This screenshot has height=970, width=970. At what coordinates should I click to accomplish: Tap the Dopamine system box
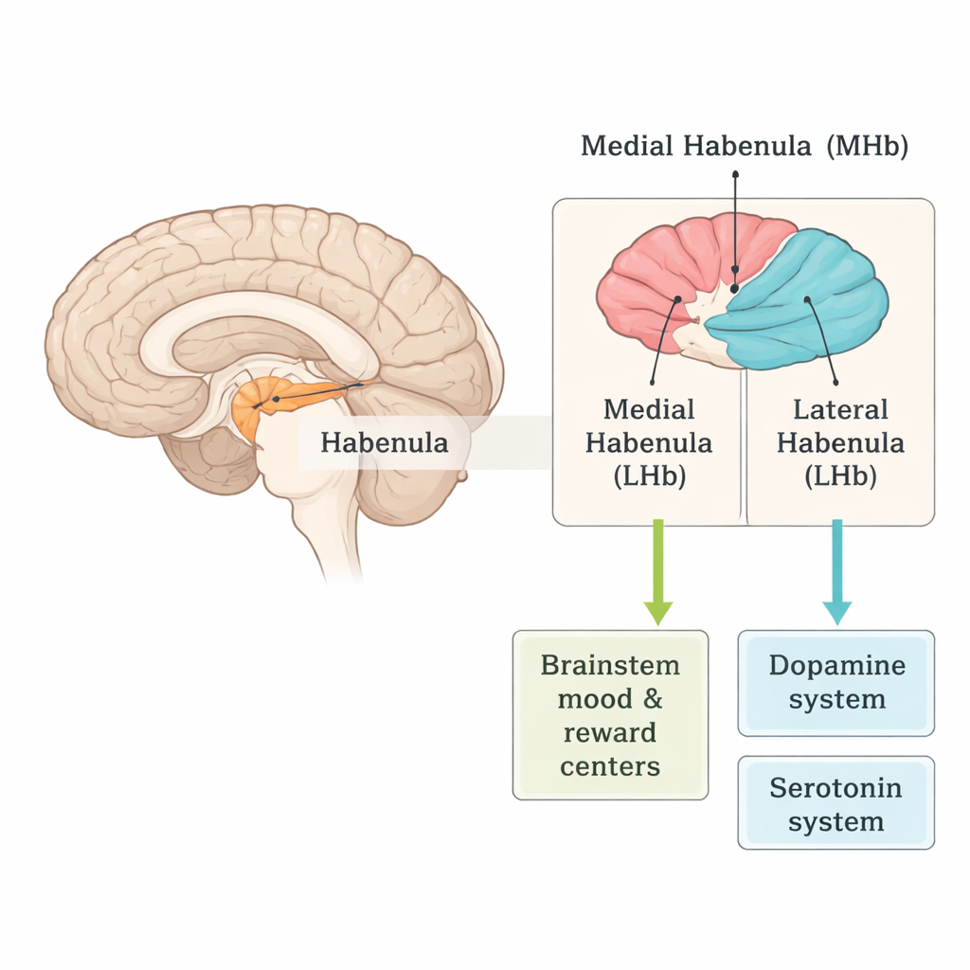click(x=835, y=682)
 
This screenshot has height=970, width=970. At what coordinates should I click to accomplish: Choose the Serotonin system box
click(x=835, y=804)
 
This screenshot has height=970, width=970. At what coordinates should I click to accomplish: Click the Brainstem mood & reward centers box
click(x=610, y=715)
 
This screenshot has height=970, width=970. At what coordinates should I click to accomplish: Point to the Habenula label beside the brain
click(x=384, y=442)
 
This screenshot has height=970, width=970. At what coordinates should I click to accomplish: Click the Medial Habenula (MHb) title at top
click(x=745, y=146)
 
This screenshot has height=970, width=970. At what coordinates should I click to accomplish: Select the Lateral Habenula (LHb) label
click(x=840, y=442)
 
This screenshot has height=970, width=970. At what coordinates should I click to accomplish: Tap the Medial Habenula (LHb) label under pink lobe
click(x=649, y=442)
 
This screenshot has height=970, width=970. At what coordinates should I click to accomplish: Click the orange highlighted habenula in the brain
click(x=260, y=403)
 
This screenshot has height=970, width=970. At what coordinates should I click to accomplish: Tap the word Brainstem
click(x=610, y=665)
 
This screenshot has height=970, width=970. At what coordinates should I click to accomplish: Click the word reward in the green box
click(x=610, y=732)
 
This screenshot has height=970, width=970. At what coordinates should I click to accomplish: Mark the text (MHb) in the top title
click(x=866, y=146)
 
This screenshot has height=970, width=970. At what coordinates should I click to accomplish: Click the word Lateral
click(x=840, y=410)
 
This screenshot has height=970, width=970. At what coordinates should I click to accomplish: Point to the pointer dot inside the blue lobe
click(x=807, y=300)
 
